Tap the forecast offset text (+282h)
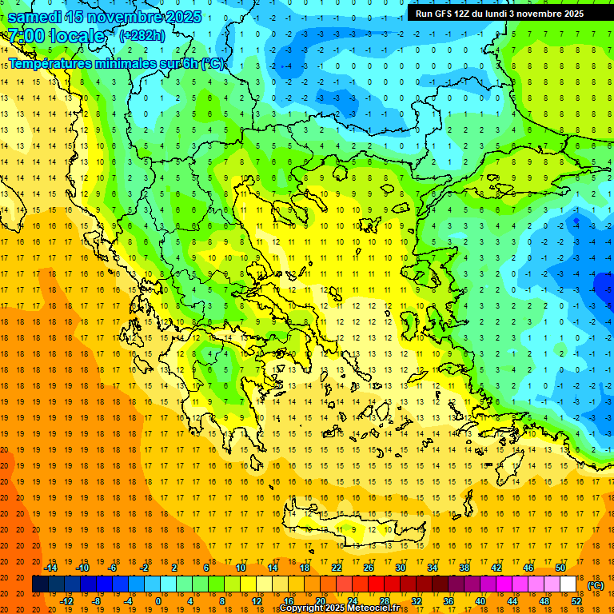143,35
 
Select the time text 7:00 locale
57,36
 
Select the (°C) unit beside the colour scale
596,585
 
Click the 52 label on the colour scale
576,600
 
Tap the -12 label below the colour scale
66,600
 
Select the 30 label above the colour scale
401,568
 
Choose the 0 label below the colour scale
158,600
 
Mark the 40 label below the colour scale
480,600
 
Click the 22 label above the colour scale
337,568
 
